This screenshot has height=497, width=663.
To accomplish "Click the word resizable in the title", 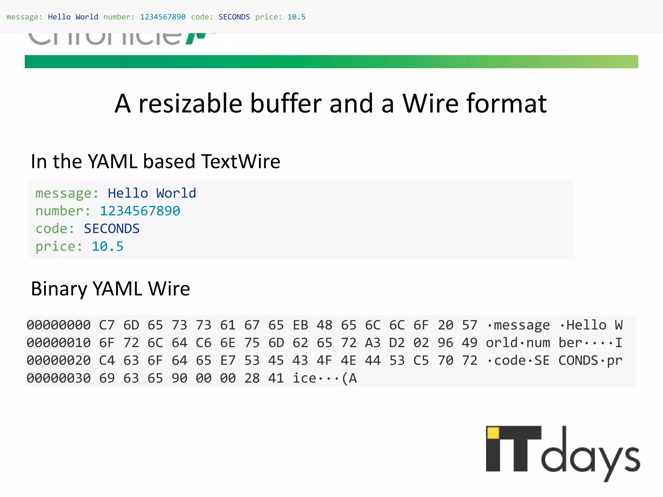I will [190, 104].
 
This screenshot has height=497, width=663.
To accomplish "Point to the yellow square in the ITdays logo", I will [493, 433].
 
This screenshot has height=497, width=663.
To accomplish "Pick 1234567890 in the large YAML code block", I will [140, 211].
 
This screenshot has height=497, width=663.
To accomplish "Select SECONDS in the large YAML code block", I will [112, 229].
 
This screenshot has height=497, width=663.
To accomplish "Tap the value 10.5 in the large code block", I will [107, 247].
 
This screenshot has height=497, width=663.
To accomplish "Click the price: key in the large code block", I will [59, 247].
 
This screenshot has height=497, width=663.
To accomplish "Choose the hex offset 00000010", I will [59, 343].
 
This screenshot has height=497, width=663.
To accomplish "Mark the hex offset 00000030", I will [59, 378].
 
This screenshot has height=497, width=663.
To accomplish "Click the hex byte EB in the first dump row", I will [300, 325].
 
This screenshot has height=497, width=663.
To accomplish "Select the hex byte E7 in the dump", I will [228, 360].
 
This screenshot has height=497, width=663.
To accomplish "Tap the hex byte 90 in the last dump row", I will [179, 378].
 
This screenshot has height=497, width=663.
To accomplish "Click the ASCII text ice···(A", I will [325, 378].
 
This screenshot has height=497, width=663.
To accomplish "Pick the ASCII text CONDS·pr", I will [590, 360].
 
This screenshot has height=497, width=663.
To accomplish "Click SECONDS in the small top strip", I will [234, 17].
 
